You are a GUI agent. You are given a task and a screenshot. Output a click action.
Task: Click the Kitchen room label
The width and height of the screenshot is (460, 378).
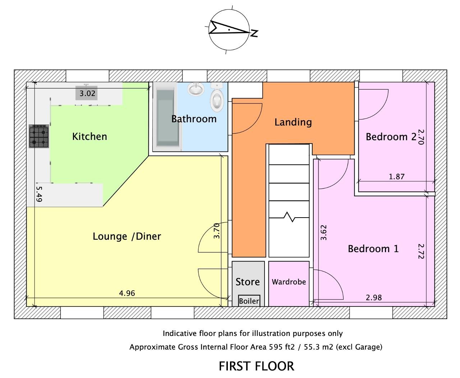[89, 137]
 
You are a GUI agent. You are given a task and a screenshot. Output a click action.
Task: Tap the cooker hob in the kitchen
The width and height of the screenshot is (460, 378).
[39, 136]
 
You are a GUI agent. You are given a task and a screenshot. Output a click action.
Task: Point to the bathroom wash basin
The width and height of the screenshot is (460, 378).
[196, 89]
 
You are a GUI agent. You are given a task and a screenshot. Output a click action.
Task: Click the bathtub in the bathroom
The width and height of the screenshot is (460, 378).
[167, 117]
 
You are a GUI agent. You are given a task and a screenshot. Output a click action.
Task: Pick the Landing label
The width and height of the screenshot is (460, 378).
[293, 122]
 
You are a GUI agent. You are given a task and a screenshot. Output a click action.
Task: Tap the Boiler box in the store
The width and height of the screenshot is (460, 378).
[249, 301]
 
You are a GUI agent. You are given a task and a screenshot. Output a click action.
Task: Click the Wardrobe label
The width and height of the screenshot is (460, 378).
[289, 282]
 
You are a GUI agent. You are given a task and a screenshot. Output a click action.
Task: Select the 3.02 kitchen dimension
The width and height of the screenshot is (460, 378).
[87, 94]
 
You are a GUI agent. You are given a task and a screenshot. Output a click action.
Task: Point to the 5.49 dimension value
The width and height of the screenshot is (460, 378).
[39, 194]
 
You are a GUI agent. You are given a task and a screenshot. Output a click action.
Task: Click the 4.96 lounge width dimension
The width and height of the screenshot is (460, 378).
[127, 293]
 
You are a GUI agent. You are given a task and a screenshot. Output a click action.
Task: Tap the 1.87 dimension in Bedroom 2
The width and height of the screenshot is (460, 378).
[397, 177]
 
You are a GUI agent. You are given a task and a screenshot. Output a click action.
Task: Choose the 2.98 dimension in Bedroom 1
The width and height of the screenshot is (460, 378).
[374, 297]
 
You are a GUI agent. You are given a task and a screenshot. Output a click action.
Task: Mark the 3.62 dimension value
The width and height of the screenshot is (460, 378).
[324, 232]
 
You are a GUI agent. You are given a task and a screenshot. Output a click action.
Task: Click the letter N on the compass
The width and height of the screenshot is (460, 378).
[254, 33]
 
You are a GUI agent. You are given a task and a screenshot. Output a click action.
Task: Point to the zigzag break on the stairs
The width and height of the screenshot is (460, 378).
[289, 217]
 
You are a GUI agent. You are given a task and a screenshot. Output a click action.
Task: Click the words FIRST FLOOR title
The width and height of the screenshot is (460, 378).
[257, 366]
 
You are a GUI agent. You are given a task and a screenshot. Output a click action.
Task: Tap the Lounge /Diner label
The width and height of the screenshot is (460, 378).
[127, 236]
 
